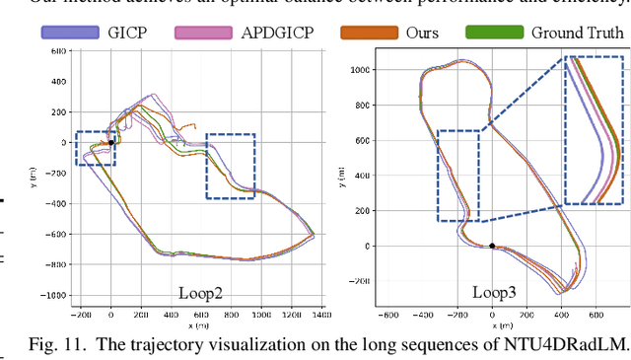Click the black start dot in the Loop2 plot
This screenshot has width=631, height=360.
(x=111, y=142)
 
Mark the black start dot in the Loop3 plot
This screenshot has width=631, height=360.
(x=492, y=246)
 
